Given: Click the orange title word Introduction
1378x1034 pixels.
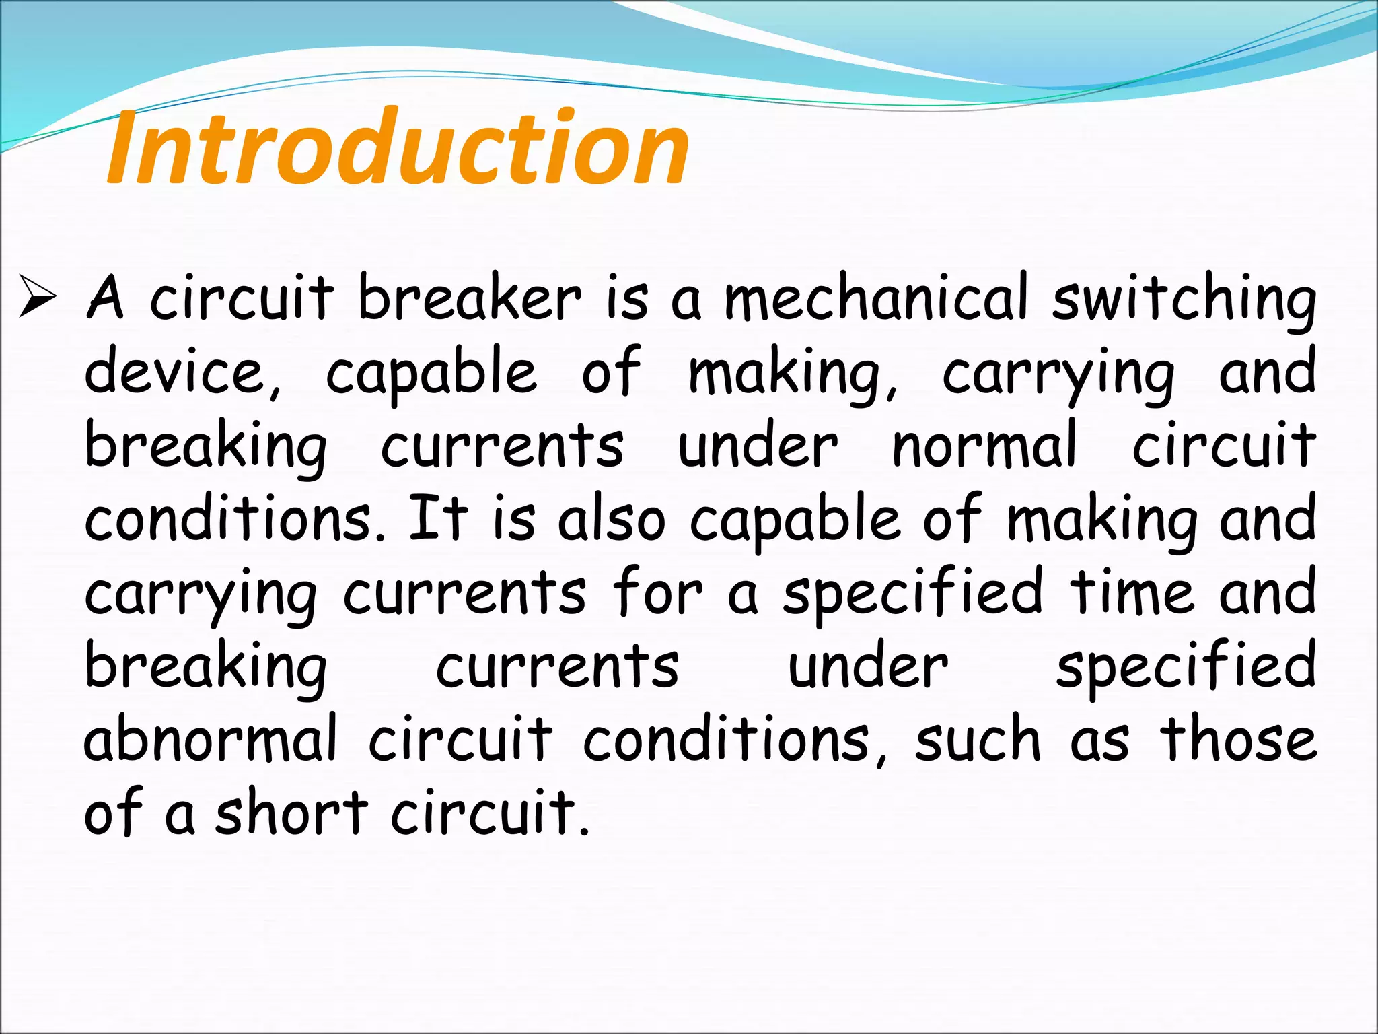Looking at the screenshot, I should coord(397,148).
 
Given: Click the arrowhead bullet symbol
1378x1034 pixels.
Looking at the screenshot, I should coord(38,296).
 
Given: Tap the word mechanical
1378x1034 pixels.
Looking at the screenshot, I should coord(875,298).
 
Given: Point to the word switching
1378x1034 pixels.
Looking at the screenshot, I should coord(1184,300).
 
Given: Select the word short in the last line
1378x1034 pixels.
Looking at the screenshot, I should coord(291,812).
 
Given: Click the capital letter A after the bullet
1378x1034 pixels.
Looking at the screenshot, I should coord(106,298).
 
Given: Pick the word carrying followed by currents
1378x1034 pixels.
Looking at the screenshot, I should coord(201,594).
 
